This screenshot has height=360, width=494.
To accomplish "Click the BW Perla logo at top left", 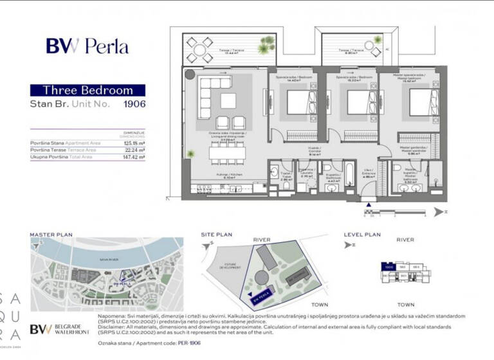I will click(x=87, y=46).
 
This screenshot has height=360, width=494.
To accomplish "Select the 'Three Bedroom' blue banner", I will click(x=87, y=91).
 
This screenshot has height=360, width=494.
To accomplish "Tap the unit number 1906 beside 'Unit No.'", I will click(x=134, y=104).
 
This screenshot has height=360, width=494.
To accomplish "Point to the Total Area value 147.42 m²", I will click(x=134, y=156).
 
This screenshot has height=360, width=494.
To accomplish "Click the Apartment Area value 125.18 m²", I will click(x=134, y=143).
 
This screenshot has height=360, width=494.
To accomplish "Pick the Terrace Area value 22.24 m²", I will click(x=134, y=150).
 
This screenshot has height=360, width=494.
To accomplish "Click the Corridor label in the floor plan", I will click(x=315, y=152).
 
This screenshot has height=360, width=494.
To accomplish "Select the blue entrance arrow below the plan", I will click(x=369, y=206).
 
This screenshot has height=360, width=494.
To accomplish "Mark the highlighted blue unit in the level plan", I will click(x=388, y=266).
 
